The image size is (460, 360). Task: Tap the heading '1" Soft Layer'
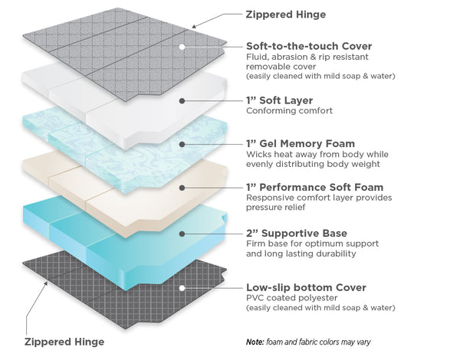click(x=279, y=100)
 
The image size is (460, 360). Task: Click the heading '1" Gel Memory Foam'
click(x=300, y=143)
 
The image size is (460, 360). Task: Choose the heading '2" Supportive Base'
click(x=296, y=232)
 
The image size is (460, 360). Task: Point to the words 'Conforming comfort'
click(x=289, y=111)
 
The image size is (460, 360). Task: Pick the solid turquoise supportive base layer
click(x=115, y=230)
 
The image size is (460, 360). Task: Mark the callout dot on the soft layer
click(x=182, y=100)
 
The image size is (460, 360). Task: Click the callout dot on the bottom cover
click(x=182, y=288)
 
